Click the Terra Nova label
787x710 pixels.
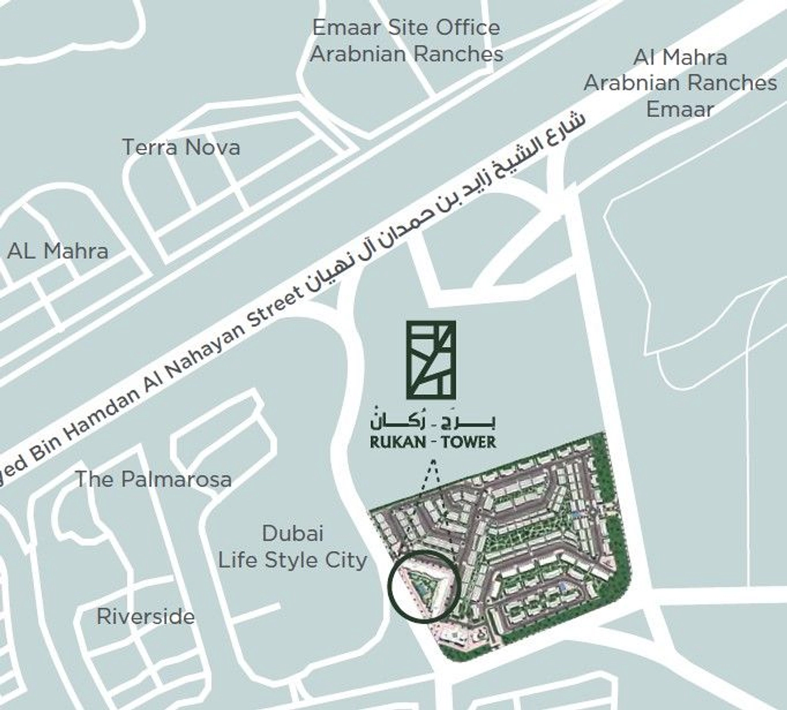(181, 147)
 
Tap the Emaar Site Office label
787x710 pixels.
(407, 41)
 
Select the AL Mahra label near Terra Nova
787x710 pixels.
(58, 251)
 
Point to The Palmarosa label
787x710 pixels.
(153, 480)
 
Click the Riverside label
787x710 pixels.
(146, 616)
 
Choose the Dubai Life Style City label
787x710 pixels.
(293, 547)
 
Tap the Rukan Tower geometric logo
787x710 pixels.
(431, 360)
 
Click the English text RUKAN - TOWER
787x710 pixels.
(433, 442)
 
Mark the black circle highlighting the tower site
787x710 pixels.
(422, 586)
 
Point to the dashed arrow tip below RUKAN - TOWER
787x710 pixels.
(433, 463)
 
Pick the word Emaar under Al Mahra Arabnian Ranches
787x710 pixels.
(680, 109)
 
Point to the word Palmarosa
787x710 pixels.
(176, 480)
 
